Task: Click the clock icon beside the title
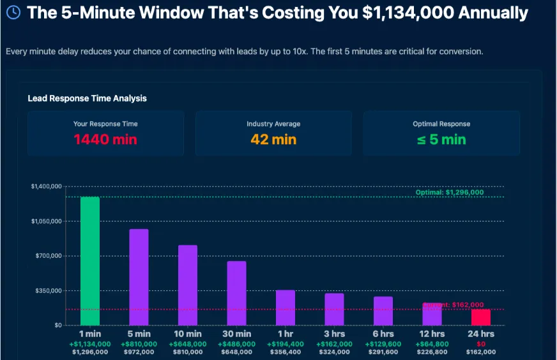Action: pos(13,13)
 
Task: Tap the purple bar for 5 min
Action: pos(139,277)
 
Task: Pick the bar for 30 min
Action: pos(236,293)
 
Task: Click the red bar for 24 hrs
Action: pos(481,317)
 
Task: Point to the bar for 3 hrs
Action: pos(334,309)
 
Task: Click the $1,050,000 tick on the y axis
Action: pos(46,221)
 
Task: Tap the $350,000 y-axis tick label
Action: pos(48,290)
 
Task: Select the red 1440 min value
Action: pos(105,139)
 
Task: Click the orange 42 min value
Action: pos(273,139)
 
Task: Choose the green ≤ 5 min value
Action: pos(441,139)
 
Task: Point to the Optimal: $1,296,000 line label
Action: pos(449,192)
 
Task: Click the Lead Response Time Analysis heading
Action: pos(87,98)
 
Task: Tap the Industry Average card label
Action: pos(273,124)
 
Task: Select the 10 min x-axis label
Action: pos(188,334)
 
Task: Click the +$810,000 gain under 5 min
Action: pos(139,343)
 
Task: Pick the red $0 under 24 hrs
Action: pos(481,343)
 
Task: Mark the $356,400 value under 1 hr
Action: pos(286,352)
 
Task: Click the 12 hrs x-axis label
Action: pos(432,334)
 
